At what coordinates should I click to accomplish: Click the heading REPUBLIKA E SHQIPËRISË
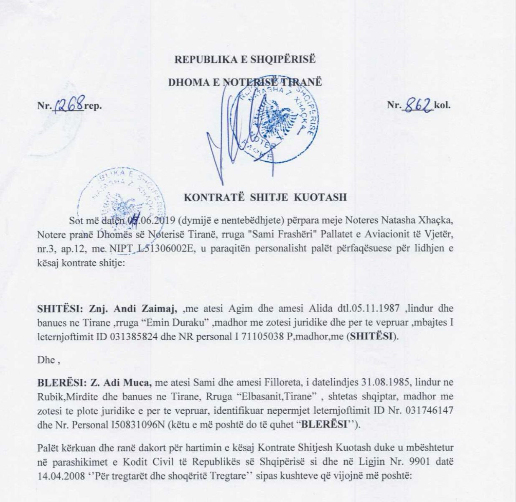click(x=245, y=59)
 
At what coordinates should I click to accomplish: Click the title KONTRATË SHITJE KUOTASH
click(x=265, y=197)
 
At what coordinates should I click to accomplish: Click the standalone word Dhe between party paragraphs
click(x=46, y=360)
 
